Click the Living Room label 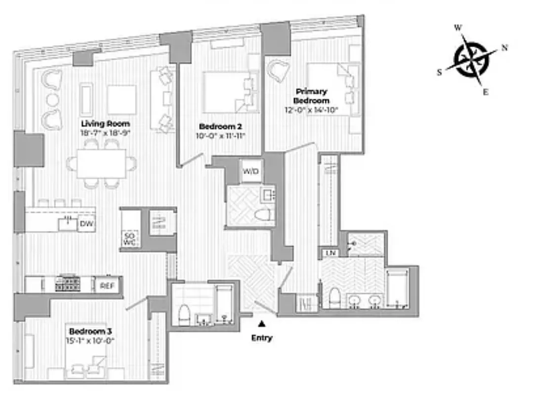coord(105,123)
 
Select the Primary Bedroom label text coord(311,95)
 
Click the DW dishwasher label coord(87,224)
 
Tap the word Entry coord(261,338)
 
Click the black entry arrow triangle coord(262,324)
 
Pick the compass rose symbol coord(471,61)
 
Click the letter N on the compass coord(504,48)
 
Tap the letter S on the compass coord(439,72)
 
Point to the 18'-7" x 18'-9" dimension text coord(105,133)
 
